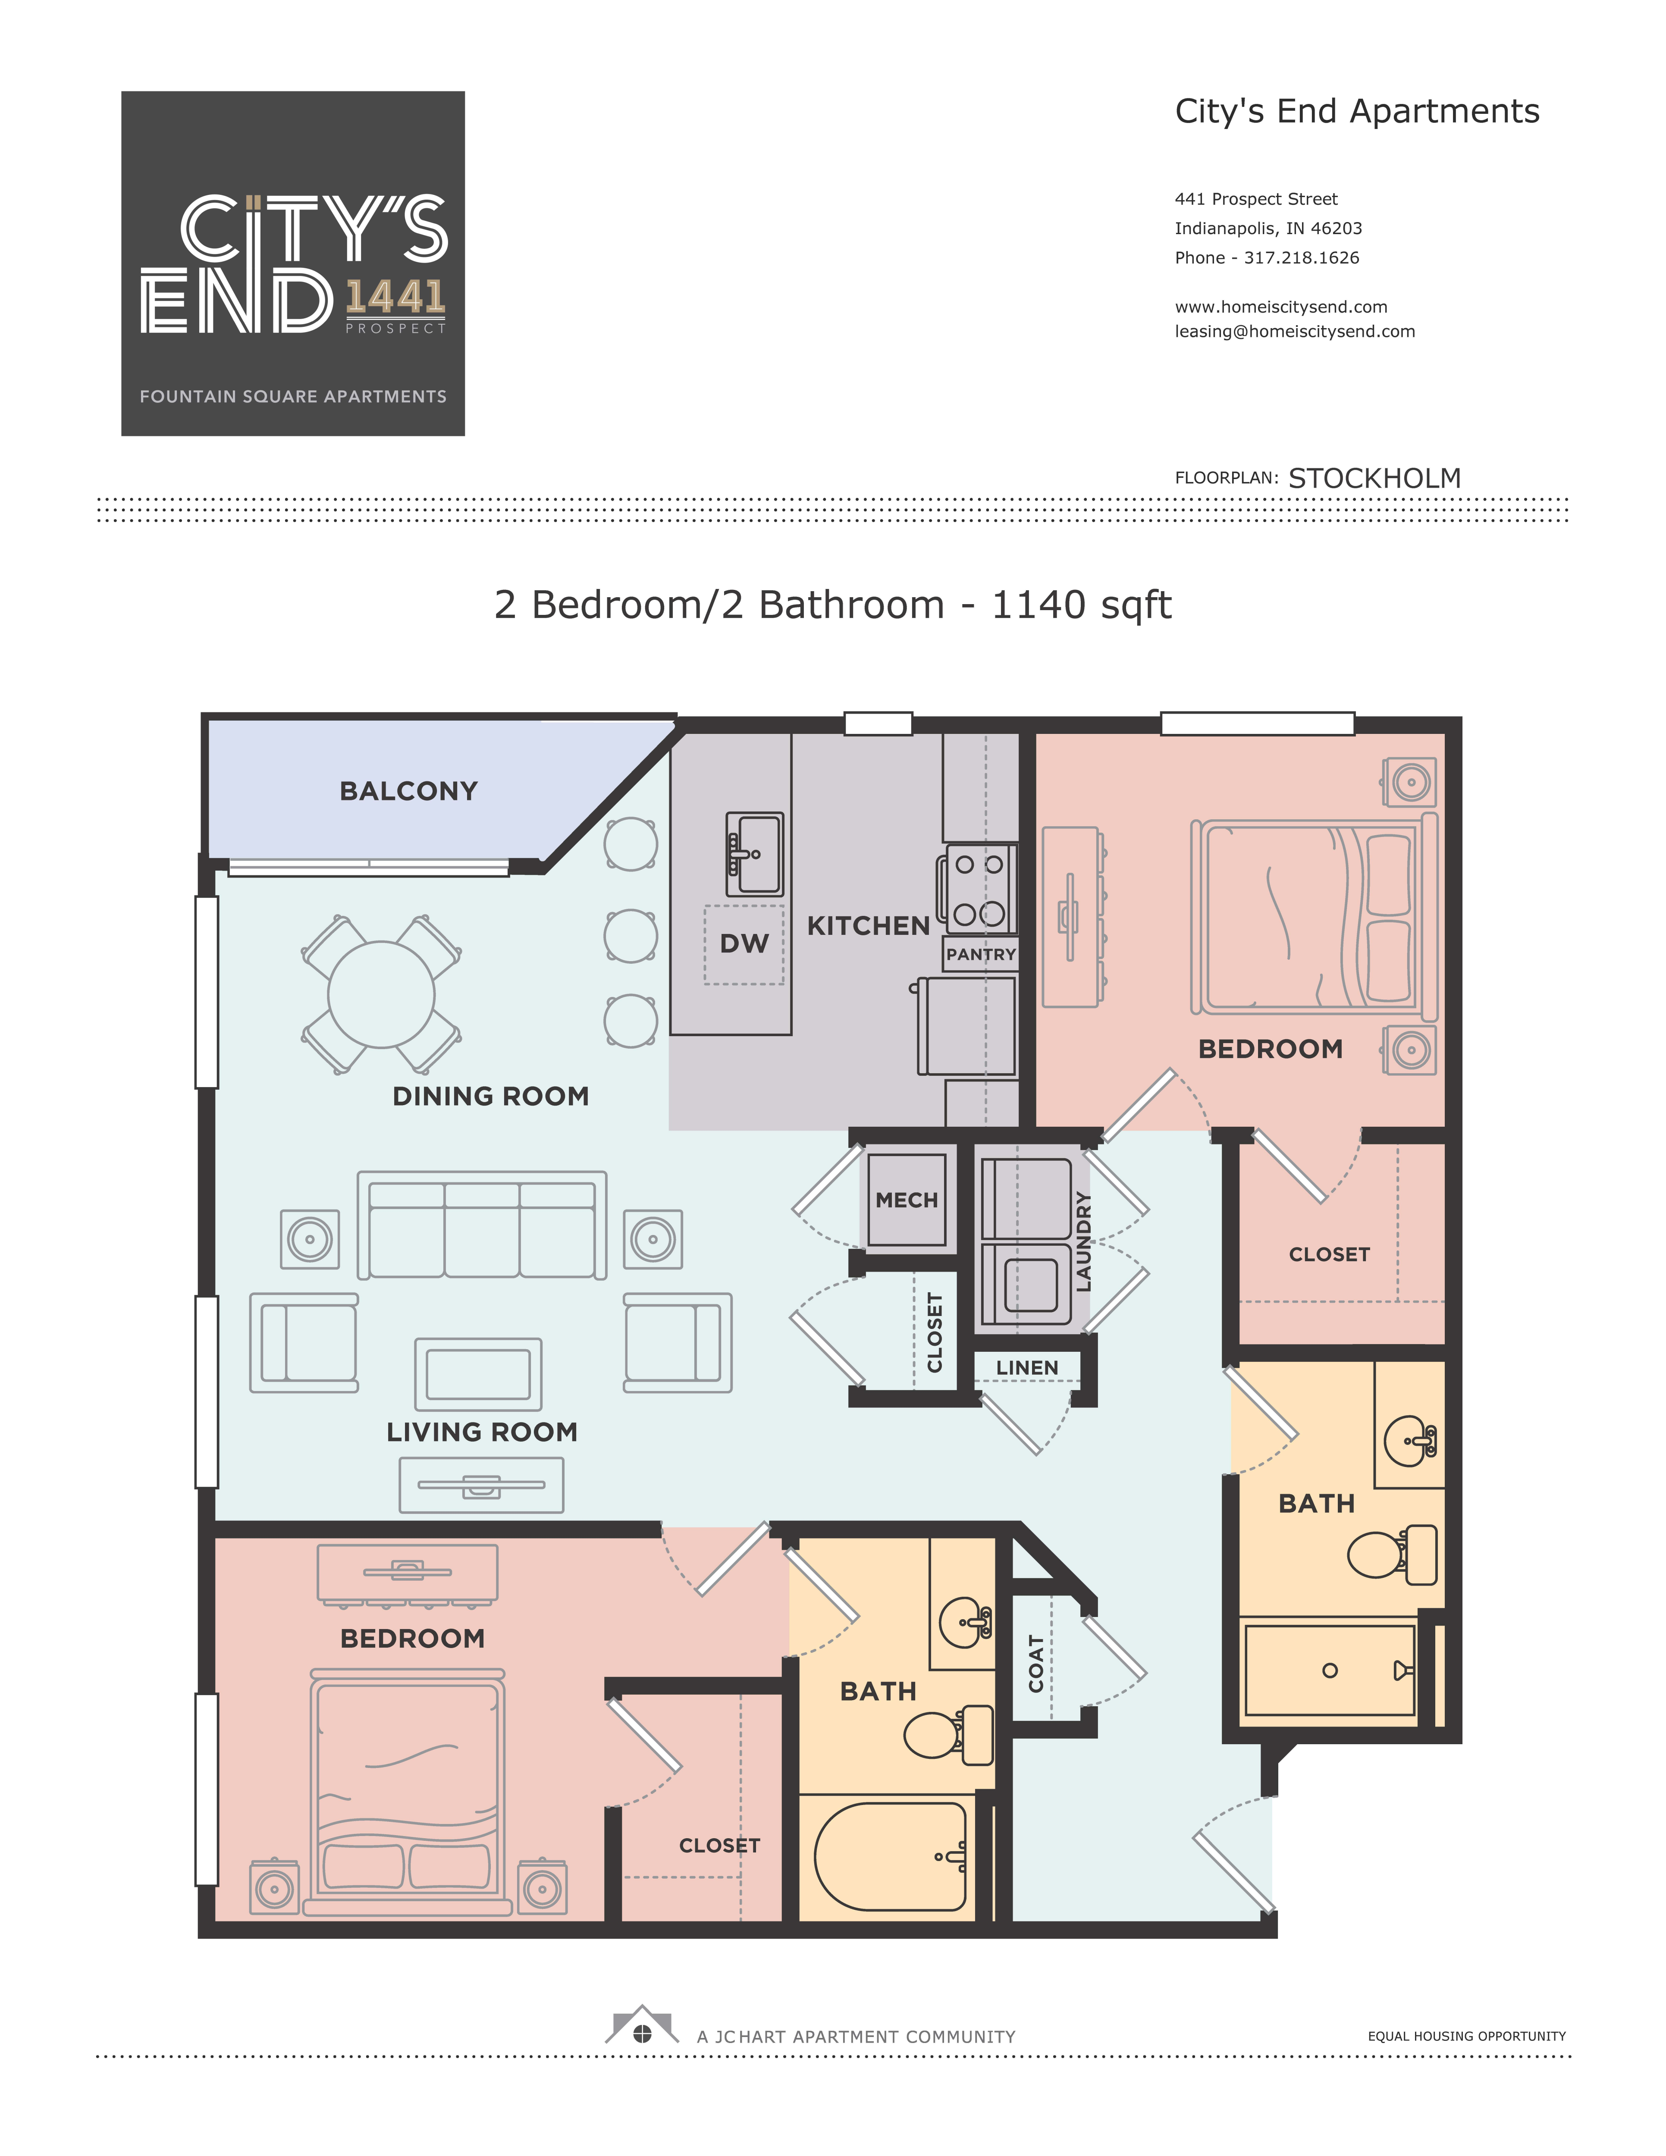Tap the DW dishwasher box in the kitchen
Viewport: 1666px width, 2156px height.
[744, 944]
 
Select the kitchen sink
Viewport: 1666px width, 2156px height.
[754, 854]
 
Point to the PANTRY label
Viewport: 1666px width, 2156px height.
[981, 955]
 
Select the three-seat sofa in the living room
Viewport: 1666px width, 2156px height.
[482, 1225]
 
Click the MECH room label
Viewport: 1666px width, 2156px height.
[907, 1200]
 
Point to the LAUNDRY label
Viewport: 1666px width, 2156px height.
[1083, 1242]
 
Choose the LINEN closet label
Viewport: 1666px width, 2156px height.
[1027, 1367]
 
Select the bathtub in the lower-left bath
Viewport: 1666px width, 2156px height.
[891, 1857]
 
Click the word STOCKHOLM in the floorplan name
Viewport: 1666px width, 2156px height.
[1374, 479]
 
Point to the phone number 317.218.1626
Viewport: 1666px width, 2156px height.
[1302, 258]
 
